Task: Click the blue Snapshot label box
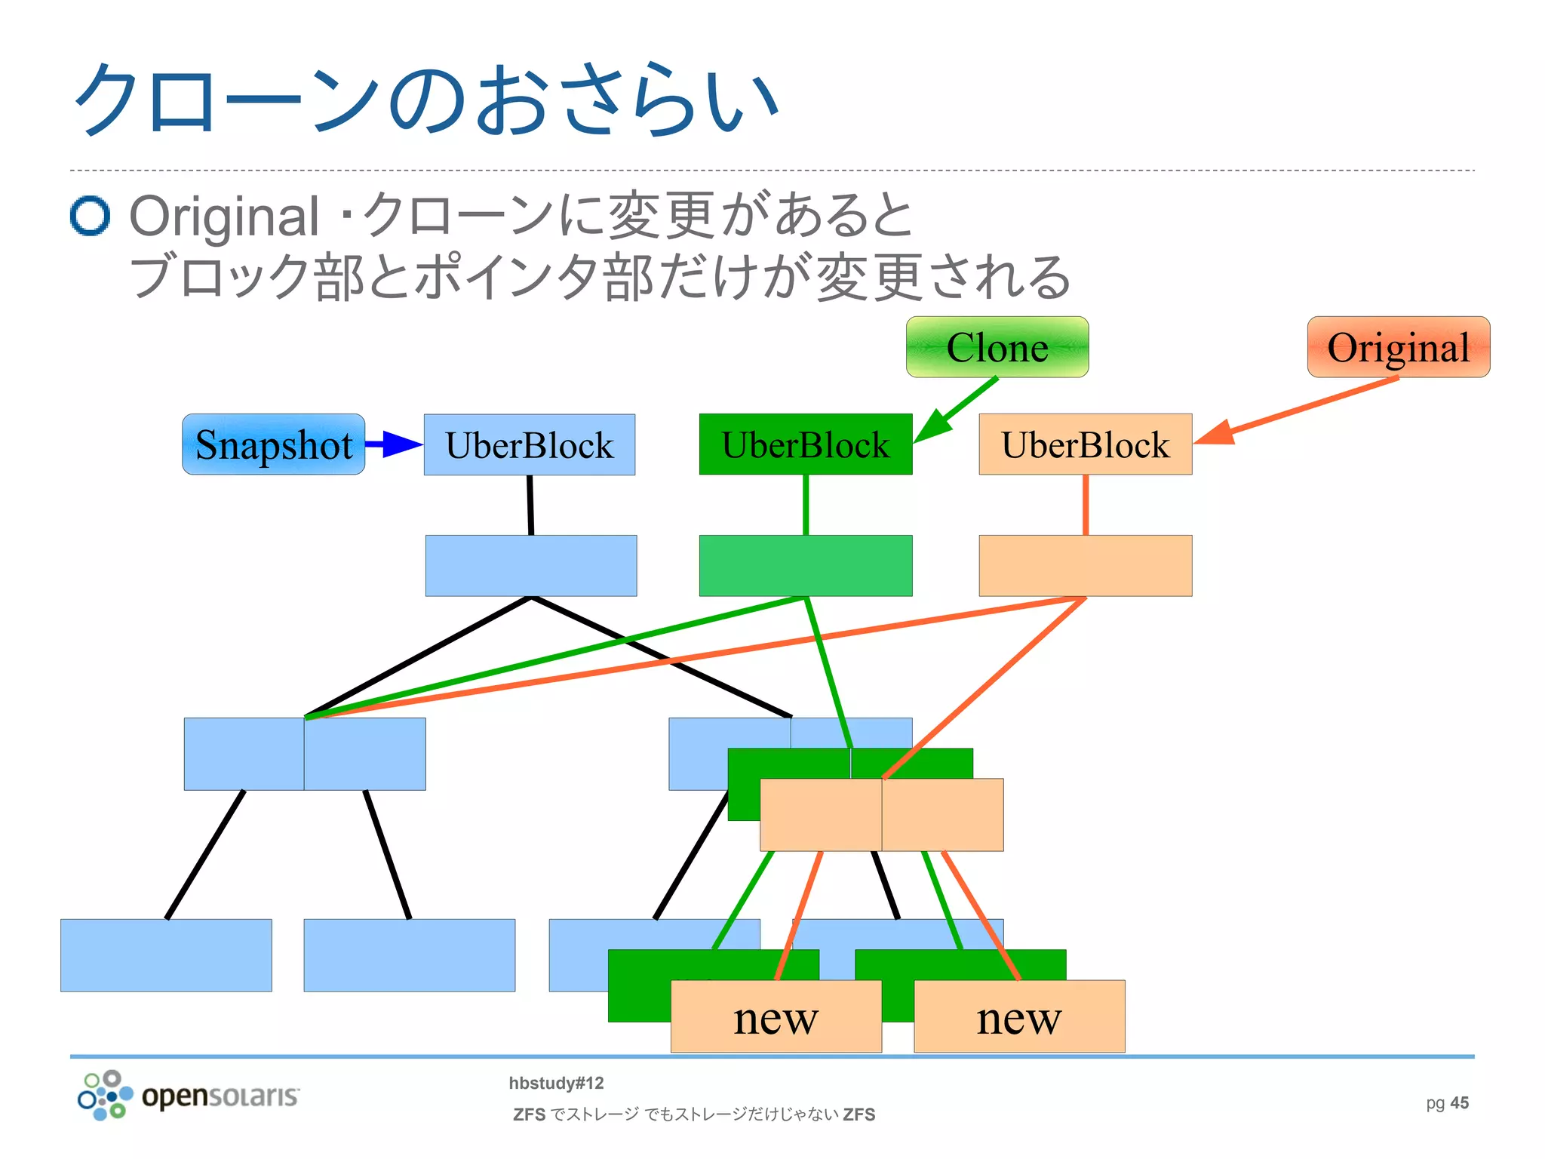pos(273,444)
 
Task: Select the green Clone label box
pos(997,347)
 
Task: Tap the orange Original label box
pos(1398,347)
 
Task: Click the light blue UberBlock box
pos(529,444)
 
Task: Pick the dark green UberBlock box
pos(805,444)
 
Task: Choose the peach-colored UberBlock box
pos(1085,444)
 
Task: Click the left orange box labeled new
pos(776,1017)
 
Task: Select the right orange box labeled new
pos(1018,1017)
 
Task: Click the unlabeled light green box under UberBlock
pos(805,566)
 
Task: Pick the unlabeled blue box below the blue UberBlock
pos(530,566)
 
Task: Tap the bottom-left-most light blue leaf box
pos(166,955)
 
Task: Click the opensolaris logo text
pos(220,1096)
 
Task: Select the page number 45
pos(1459,1103)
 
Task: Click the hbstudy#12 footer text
pos(556,1084)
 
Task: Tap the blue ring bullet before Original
pos(90,217)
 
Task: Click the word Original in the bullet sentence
pos(224,217)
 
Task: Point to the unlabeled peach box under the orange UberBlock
pos(1085,566)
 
